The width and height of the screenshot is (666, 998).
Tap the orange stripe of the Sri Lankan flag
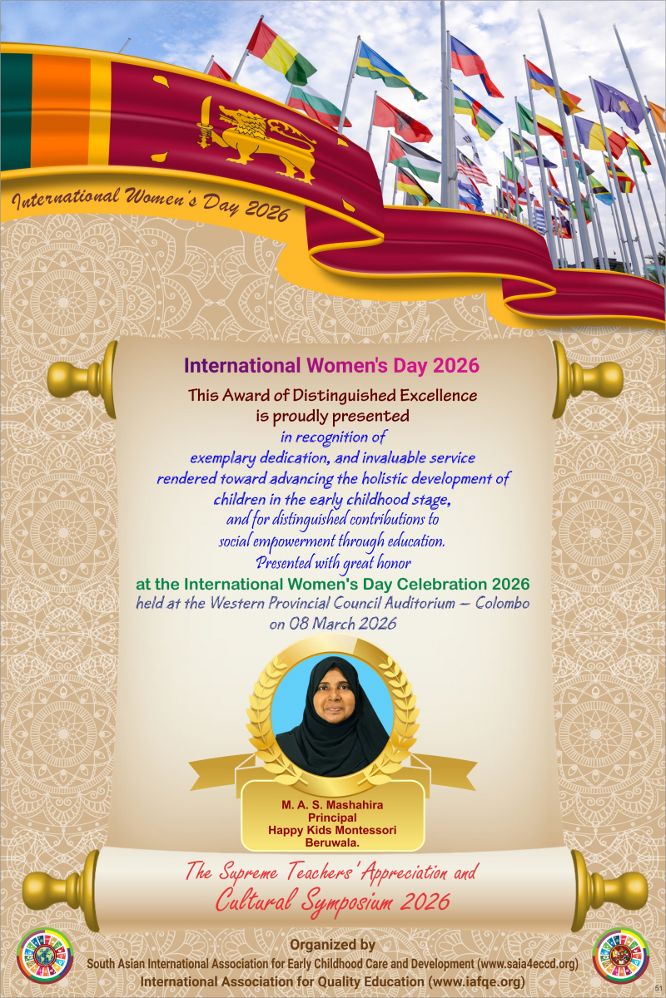click(x=60, y=112)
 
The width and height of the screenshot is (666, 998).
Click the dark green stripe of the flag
click(x=15, y=112)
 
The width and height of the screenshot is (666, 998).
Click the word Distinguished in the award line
click(x=364, y=395)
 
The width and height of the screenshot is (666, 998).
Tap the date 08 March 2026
click(x=333, y=623)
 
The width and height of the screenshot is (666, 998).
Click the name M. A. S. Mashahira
click(x=332, y=805)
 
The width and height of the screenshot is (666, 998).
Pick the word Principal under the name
click(x=332, y=818)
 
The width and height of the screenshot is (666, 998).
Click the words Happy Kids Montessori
click(x=332, y=830)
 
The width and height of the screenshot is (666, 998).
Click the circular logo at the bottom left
click(x=45, y=956)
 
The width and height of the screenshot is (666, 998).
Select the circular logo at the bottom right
click(x=621, y=956)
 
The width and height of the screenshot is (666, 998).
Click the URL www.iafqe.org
click(x=475, y=982)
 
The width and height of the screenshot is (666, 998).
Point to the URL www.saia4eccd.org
click(x=524, y=964)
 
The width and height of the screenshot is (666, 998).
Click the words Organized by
click(x=332, y=945)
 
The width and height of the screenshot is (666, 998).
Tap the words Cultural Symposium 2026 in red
click(x=332, y=899)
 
